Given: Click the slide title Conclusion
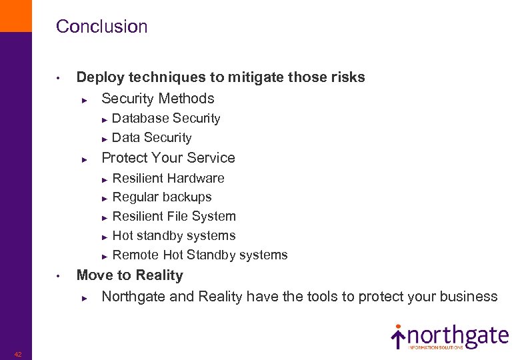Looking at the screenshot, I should point(101,27).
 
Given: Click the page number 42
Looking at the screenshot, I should point(18,354).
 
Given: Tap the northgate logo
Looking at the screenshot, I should point(449,337).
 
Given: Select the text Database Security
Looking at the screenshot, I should point(166,119).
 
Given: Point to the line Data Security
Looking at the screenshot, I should point(152,138).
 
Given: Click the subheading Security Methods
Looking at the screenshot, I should point(157,99).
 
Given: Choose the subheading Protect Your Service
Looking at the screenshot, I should point(168,158).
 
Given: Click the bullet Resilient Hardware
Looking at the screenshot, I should point(168,178).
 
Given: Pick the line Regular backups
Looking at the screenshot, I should point(162,197).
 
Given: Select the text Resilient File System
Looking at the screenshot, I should point(174,217).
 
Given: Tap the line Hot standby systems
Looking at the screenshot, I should point(174,236).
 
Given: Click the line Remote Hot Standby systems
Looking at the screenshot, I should point(200,255).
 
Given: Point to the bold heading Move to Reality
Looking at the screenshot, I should point(129,275).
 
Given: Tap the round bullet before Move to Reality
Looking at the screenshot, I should point(59,276).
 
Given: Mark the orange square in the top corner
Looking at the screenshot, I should point(15,15).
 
